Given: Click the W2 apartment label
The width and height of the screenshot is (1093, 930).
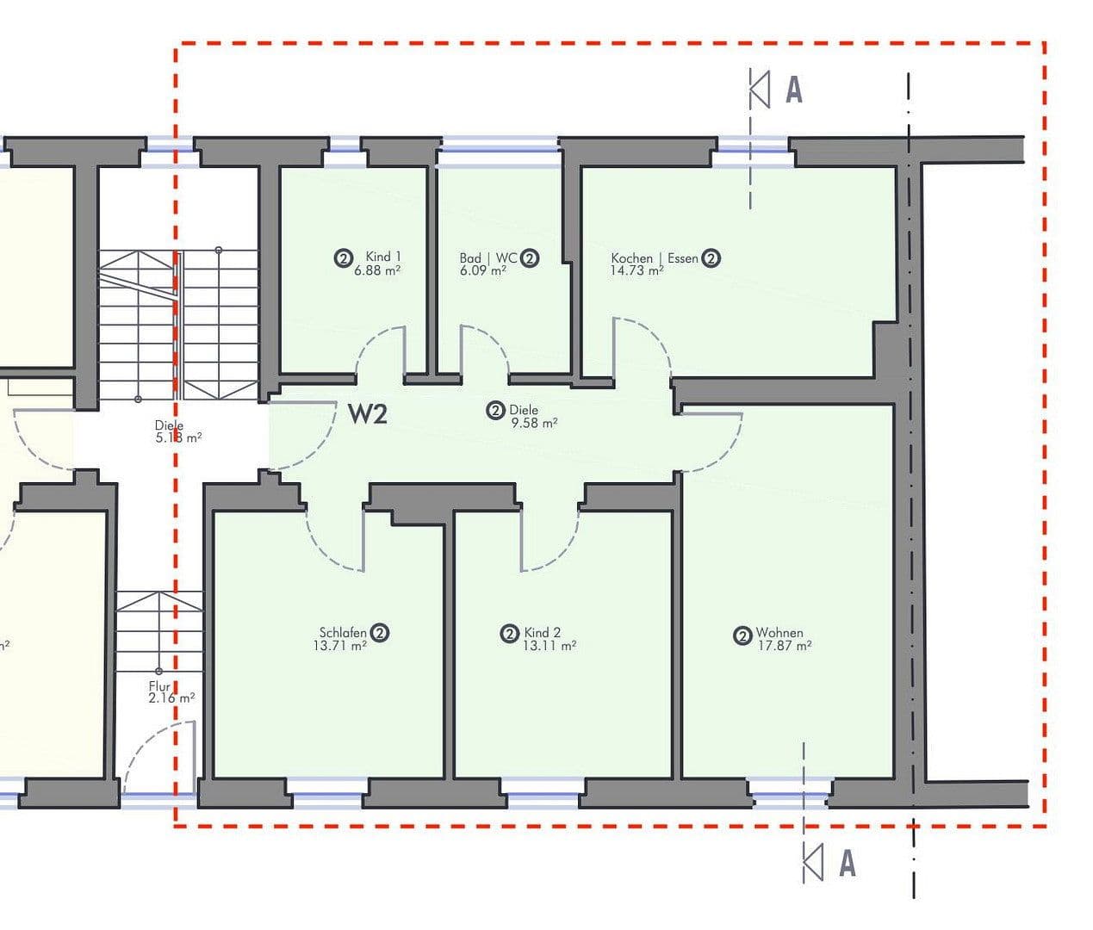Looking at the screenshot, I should pyautogui.click(x=368, y=414).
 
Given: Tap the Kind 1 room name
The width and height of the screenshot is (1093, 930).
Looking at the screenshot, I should pyautogui.click(x=383, y=257).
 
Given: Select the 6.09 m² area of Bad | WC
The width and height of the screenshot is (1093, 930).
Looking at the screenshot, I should pyautogui.click(x=482, y=270).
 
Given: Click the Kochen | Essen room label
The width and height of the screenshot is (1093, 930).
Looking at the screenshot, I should pyautogui.click(x=655, y=258).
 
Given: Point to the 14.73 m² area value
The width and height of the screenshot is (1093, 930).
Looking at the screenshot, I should pyautogui.click(x=637, y=270).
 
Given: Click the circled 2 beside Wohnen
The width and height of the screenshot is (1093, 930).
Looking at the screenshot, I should pyautogui.click(x=742, y=636).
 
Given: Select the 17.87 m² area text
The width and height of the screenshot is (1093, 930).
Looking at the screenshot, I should pyautogui.click(x=784, y=645).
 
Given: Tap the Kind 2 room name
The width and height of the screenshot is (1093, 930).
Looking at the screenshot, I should pyautogui.click(x=542, y=633).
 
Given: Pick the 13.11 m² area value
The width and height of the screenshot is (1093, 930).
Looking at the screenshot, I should pyautogui.click(x=549, y=646).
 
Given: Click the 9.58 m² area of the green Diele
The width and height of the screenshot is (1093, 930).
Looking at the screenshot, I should pyautogui.click(x=533, y=423).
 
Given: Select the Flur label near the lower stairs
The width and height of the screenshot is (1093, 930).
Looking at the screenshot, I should pyautogui.click(x=159, y=686).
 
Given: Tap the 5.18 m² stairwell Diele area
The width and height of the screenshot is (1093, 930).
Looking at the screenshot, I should pyautogui.click(x=178, y=437).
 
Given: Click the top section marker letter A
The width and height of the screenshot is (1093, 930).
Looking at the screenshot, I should pyautogui.click(x=794, y=90).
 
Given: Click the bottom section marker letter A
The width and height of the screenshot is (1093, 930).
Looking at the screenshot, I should pyautogui.click(x=848, y=863).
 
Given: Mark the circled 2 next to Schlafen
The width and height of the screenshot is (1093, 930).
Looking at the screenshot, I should pyautogui.click(x=380, y=633).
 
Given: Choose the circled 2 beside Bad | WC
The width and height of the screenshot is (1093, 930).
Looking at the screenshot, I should pyautogui.click(x=530, y=258).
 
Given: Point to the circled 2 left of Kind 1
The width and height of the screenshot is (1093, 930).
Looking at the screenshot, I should pyautogui.click(x=343, y=257).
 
